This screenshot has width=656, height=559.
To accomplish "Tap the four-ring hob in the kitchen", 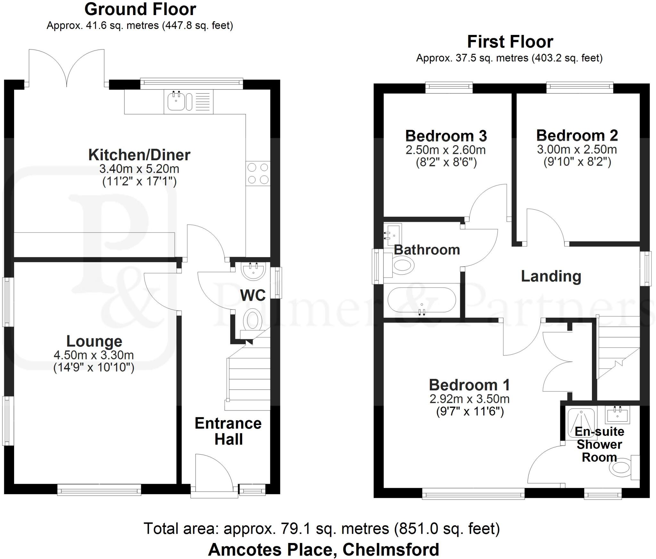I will pos(258,173).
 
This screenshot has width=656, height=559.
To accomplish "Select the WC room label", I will pos(253,295).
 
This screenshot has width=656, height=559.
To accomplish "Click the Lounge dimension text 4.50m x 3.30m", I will pos(94,355).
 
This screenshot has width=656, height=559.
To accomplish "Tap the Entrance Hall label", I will pos(228,431).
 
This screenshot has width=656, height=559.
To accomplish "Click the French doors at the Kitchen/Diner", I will pos(67,69).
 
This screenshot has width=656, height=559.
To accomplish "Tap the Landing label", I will pos(551,276).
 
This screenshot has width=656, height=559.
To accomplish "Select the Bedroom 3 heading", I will pos(446,136).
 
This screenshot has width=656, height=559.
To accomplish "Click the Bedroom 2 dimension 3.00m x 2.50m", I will pos(577,150).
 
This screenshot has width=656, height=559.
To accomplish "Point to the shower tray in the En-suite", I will pos(581,422).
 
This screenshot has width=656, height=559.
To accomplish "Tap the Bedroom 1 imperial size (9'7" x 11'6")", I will pos(470,411).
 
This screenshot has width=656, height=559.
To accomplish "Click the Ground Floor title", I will pos(140,9).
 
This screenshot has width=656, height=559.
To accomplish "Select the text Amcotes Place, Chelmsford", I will pos(324,549).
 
